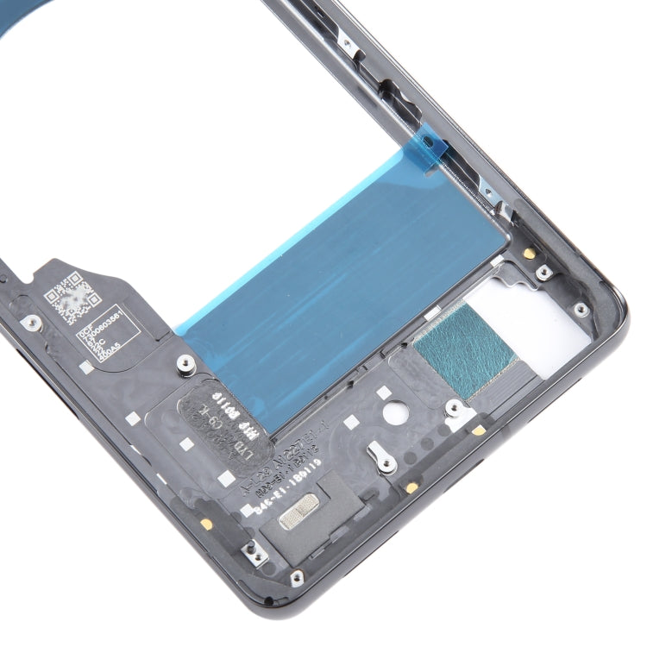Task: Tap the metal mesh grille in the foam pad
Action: (x=293, y=512)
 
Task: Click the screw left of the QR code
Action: (x=32, y=322)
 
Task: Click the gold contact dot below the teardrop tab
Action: (x=411, y=487)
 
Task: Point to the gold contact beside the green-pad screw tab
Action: (x=478, y=429)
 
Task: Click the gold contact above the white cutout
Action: (x=527, y=253)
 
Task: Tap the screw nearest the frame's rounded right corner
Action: (x=581, y=309)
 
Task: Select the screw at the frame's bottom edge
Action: (x=296, y=576)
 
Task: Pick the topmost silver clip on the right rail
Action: (x=346, y=41)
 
